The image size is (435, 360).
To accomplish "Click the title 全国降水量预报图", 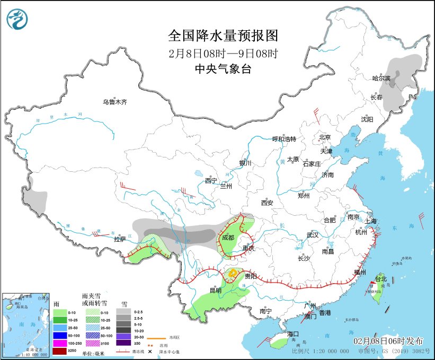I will [223, 36].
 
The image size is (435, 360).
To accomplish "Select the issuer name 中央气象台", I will [223, 68].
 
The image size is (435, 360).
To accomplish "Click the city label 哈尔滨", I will [381, 78].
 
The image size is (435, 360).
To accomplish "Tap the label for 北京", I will [325, 137].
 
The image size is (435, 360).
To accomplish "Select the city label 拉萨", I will [120, 239].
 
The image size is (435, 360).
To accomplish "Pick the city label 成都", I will [228, 238].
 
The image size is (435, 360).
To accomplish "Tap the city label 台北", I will [381, 278].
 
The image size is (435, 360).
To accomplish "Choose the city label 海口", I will [294, 335].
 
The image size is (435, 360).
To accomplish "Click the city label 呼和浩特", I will [284, 139].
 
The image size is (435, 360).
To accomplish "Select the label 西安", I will [267, 203].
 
